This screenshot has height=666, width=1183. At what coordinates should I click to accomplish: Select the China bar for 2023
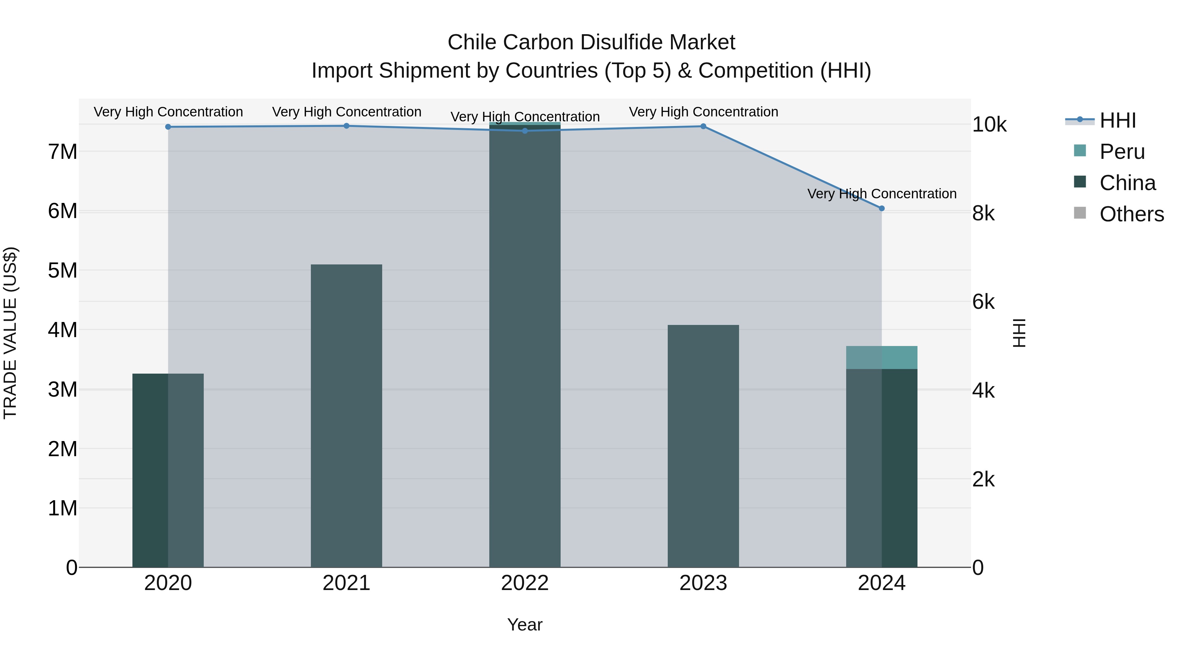pos(703,446)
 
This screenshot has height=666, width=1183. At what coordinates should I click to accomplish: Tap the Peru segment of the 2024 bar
pos(881,357)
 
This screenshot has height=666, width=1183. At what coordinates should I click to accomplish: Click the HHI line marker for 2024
pos(881,208)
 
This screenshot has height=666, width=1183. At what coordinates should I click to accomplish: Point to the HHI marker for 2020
pos(168,127)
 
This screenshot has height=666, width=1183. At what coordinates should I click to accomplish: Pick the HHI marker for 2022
pos(525,131)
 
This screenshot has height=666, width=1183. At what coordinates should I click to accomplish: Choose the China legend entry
pos(1126,183)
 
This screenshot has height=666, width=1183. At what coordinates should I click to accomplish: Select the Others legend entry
pos(1131,214)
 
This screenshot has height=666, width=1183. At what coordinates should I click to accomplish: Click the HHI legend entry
pos(1117,120)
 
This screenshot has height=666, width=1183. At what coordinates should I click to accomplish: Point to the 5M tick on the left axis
pos(62,270)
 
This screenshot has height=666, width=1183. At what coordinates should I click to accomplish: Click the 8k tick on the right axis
pos(983,213)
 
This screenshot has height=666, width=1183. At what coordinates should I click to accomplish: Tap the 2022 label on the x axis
pos(525,583)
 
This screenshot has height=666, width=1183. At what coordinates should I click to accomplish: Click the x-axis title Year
pos(525,625)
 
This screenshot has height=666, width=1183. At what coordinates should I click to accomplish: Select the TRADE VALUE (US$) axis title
pos(10,333)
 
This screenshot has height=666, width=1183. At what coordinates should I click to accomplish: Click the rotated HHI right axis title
pos(1019,333)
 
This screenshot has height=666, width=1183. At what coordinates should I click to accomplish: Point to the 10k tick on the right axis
pos(989,125)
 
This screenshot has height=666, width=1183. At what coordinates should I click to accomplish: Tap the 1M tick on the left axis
pos(62,508)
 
